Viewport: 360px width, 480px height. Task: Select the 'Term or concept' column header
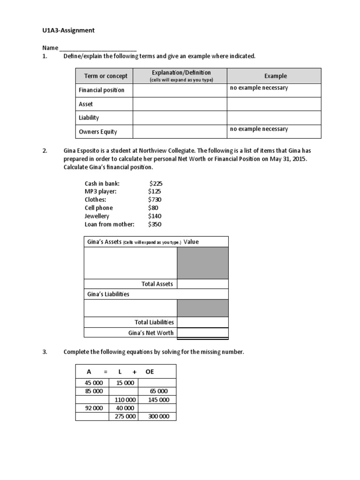click(x=105, y=76)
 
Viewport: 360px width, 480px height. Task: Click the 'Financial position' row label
click(x=102, y=90)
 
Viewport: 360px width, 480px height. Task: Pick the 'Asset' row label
click(x=86, y=104)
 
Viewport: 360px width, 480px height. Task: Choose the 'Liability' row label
click(x=89, y=118)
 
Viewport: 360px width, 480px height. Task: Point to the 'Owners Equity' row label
click(x=98, y=132)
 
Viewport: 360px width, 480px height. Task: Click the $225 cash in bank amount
click(x=156, y=184)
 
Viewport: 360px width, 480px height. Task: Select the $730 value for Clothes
click(x=155, y=200)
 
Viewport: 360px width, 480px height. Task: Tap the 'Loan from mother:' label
click(x=109, y=224)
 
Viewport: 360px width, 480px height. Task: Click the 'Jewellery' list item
click(x=97, y=216)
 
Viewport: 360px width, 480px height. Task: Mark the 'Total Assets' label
click(x=157, y=284)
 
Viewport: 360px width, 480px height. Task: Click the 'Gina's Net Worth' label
click(x=151, y=333)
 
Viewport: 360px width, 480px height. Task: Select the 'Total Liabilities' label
click(x=154, y=322)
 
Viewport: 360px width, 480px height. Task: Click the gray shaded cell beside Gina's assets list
click(x=202, y=263)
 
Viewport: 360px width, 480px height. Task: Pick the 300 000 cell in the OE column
click(x=157, y=416)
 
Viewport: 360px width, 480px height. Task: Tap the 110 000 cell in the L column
click(x=124, y=400)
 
